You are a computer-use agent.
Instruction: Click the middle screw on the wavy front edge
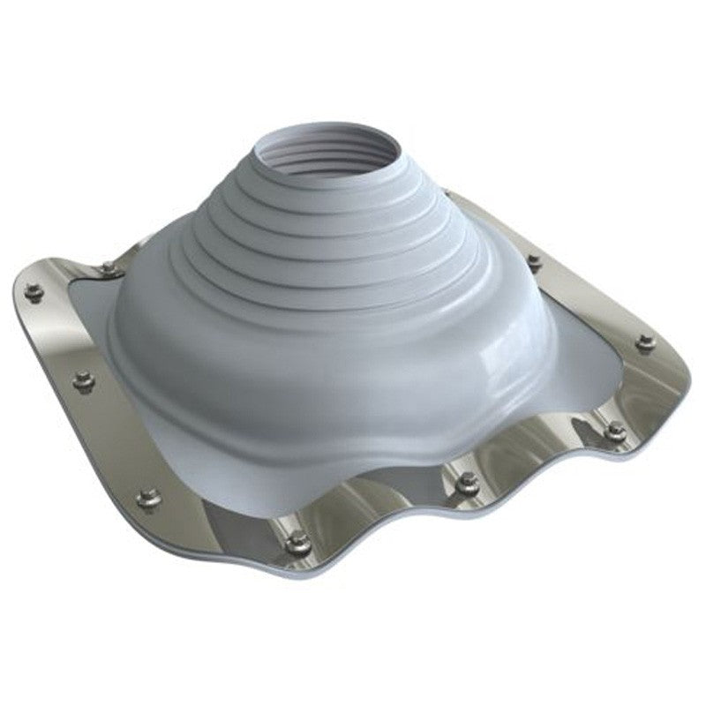point(468,483)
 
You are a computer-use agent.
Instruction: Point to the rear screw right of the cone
point(532,261)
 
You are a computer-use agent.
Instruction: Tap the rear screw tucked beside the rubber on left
point(108,267)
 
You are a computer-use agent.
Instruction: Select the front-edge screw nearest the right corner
point(615,431)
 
